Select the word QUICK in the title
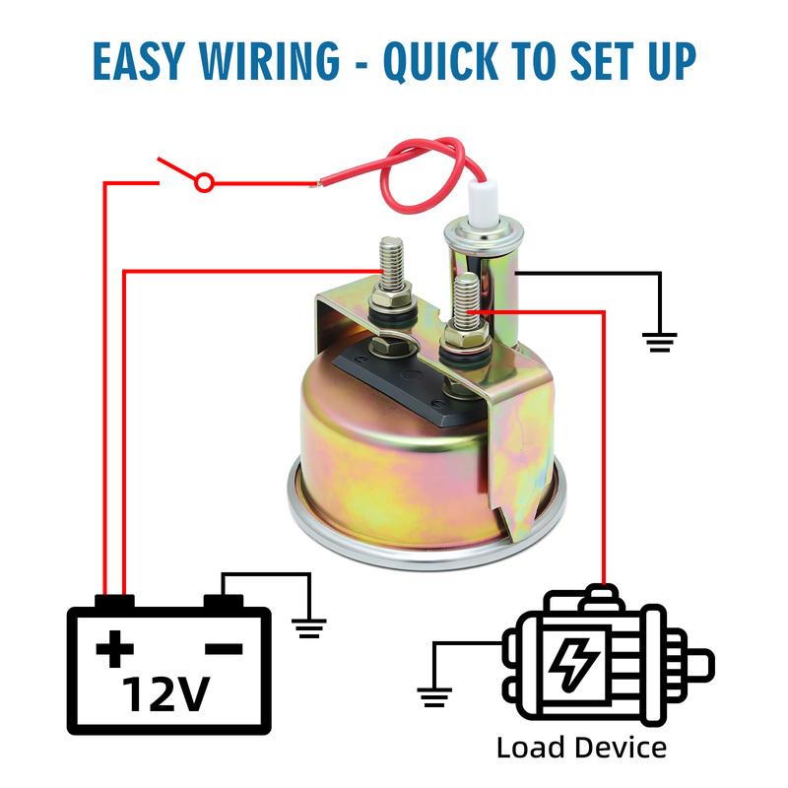click(440, 61)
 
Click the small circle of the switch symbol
click(204, 183)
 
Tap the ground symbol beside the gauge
click(659, 342)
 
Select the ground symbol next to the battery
click(309, 628)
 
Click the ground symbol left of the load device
click(434, 697)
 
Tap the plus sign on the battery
click(115, 649)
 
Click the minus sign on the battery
click(225, 649)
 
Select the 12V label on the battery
click(165, 694)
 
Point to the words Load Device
click(581, 748)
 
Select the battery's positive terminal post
click(114, 602)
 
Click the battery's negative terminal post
click(224, 602)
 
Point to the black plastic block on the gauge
click(400, 382)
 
